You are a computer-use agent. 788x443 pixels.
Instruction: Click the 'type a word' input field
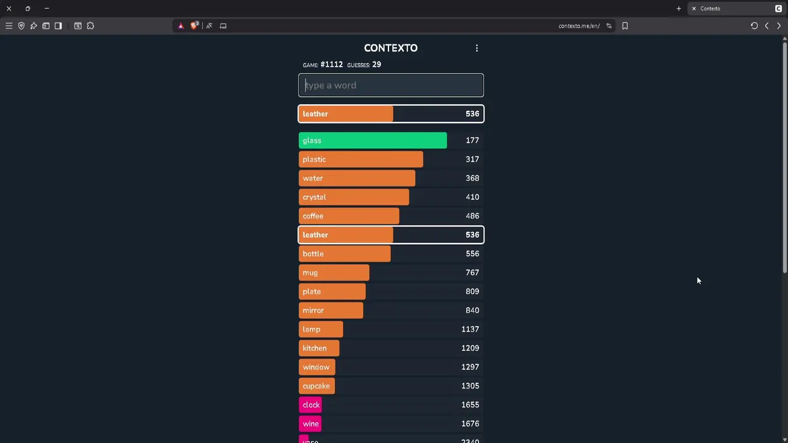[x=391, y=86]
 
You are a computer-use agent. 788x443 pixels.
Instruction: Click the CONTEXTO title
[x=390, y=48]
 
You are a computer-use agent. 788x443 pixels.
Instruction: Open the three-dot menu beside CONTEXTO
[x=476, y=48]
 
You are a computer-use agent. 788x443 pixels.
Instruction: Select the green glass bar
[x=372, y=140]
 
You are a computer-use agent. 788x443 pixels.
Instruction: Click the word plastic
[x=314, y=159]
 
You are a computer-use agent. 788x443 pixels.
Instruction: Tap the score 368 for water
[x=472, y=178]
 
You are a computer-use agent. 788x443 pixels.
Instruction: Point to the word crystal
[x=314, y=197]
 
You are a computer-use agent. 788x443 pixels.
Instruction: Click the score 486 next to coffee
[x=472, y=216]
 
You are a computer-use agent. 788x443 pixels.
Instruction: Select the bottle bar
[x=344, y=253]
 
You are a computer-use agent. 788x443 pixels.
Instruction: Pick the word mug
[x=310, y=273]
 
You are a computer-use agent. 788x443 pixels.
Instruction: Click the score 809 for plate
[x=472, y=292]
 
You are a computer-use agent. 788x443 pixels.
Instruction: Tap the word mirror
[x=313, y=311]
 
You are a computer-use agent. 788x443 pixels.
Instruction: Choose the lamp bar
[x=321, y=329]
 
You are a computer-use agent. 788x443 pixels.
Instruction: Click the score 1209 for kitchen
[x=470, y=348]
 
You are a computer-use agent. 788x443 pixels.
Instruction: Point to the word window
[x=316, y=367]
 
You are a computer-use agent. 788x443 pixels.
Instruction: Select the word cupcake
[x=316, y=386]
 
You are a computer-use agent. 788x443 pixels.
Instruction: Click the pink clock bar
[x=310, y=405]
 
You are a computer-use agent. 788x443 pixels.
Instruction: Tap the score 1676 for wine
[x=470, y=424]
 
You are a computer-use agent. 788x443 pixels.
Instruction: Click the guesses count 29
[x=376, y=65]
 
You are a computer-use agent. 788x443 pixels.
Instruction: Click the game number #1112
[x=331, y=65]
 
